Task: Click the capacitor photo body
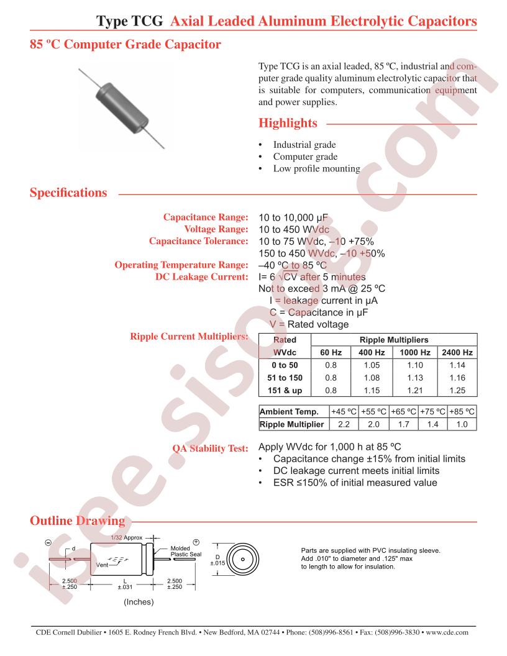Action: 121,107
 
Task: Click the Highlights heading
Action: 288,123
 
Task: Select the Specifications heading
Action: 68,193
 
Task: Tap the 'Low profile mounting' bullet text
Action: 317,168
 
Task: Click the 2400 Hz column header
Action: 457,353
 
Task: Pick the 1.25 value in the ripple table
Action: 457,390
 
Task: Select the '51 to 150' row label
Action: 285,378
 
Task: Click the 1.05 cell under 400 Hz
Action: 372,365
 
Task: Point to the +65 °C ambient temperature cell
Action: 404,412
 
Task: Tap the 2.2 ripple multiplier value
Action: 344,424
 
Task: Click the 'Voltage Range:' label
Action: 216,229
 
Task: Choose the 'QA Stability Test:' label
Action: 211,449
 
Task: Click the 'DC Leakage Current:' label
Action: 202,277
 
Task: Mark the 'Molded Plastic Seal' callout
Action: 186,552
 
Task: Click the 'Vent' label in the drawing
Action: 102,565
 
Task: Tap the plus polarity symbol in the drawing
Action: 195,542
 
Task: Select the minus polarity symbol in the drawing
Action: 48,543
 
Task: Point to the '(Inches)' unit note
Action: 139,602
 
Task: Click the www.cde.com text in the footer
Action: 447,632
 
